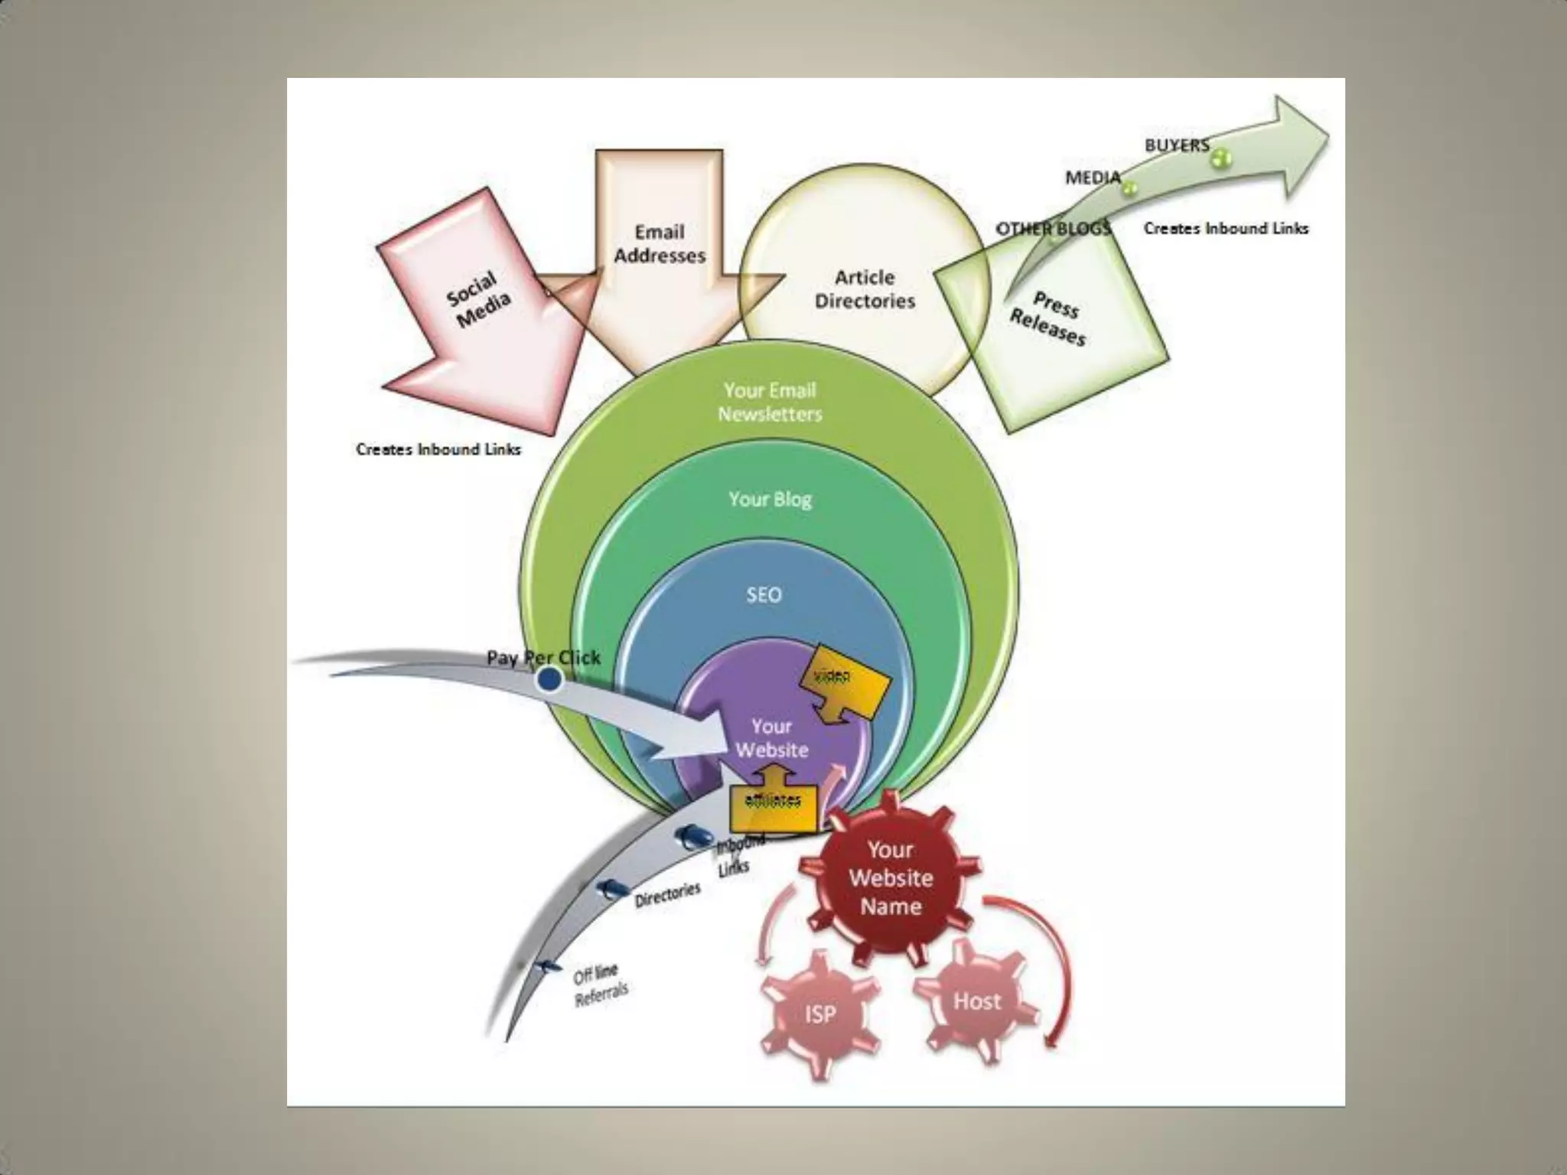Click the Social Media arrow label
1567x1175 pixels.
point(478,299)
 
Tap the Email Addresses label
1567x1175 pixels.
point(660,243)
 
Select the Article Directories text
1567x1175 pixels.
point(865,289)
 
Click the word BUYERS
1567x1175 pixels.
point(1177,145)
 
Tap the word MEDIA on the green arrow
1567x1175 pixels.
point(1093,177)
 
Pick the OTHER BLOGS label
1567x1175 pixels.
point(1053,228)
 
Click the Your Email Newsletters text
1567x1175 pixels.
point(770,402)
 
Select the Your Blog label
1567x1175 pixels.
point(770,500)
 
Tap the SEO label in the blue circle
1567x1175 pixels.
point(764,594)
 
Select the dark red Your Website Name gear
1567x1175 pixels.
point(890,878)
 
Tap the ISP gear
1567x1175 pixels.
point(819,1014)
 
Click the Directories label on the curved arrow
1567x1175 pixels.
point(667,894)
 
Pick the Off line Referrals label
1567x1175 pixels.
point(600,985)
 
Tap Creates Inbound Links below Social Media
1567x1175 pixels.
point(438,449)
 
